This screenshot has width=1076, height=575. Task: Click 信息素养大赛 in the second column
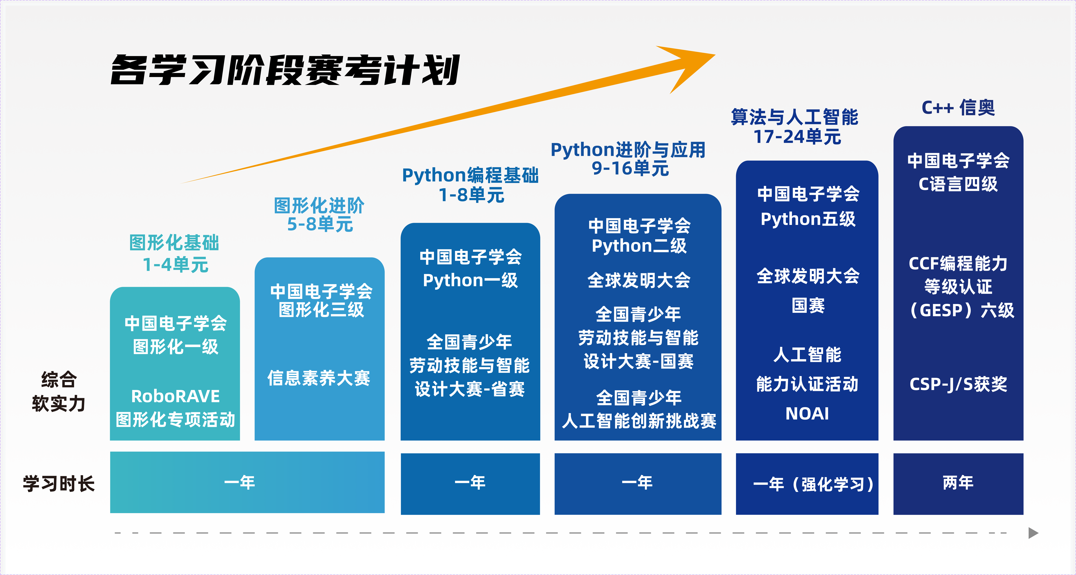click(319, 378)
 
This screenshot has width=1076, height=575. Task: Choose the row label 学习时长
click(59, 484)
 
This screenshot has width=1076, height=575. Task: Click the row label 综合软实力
click(59, 392)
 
